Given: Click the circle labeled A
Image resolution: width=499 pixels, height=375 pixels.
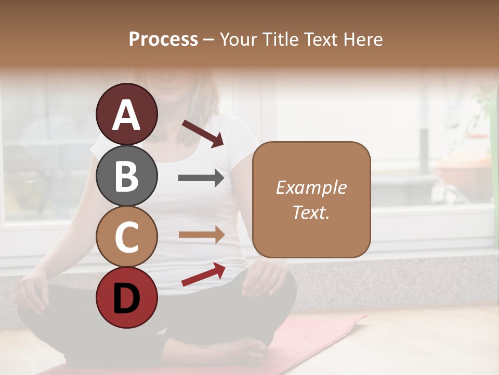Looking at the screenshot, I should [127, 114].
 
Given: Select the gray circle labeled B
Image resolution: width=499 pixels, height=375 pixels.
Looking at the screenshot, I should [127, 176].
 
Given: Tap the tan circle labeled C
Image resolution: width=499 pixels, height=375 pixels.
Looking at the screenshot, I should [127, 236].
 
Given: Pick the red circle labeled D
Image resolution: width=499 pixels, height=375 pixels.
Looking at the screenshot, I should [127, 297].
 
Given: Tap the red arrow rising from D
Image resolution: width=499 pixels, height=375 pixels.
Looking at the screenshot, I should [203, 274].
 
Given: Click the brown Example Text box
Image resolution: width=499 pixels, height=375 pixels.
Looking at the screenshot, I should [311, 199].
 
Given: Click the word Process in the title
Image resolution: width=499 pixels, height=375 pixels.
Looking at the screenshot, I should [163, 39].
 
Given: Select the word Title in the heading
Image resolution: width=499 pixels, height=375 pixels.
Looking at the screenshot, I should [280, 39].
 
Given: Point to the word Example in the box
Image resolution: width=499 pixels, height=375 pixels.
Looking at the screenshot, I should [311, 187].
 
